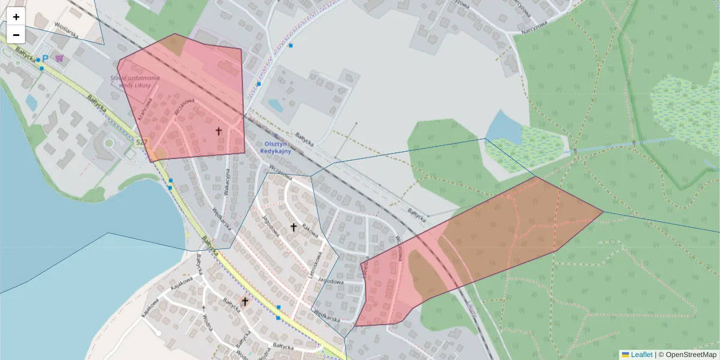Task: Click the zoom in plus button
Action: coord(16,17)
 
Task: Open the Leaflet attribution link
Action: coord(641,355)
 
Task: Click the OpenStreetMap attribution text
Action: coord(691,355)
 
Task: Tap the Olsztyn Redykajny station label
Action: coord(275,148)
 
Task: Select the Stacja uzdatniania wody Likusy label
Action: coord(136,81)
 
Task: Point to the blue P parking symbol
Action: coord(45,59)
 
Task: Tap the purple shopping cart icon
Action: coord(59,58)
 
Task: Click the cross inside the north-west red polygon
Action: coord(218,130)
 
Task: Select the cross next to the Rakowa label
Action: coord(293,227)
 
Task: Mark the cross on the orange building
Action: coord(245,301)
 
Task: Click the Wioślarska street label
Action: coord(67,30)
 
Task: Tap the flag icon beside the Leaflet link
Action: coord(625,355)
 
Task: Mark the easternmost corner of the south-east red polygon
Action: coord(602,211)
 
